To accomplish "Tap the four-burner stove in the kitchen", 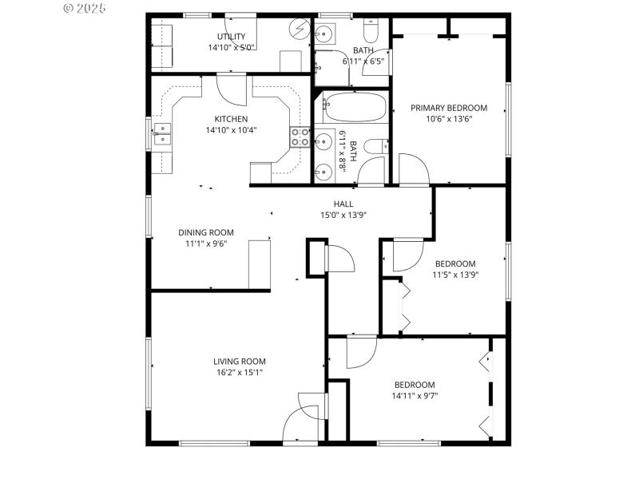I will pos(300,138).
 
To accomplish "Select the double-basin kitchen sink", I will pos(162,133).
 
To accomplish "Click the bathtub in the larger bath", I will pos(355,108).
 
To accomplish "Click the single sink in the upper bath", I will pos(324,33).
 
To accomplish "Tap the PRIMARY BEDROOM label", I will pos(448,108).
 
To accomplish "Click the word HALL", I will pos(343,204).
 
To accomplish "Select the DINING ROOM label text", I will pos(206,233).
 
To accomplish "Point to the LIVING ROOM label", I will pos(239,361).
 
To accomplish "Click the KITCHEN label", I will pos(230,119).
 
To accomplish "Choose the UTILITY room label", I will pos(232,37).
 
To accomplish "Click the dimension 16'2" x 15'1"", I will pos(239,372).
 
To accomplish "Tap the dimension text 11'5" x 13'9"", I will pos(455,275).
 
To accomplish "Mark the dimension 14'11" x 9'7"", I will pos(415,395).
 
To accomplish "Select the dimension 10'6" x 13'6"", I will pos(448,120).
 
